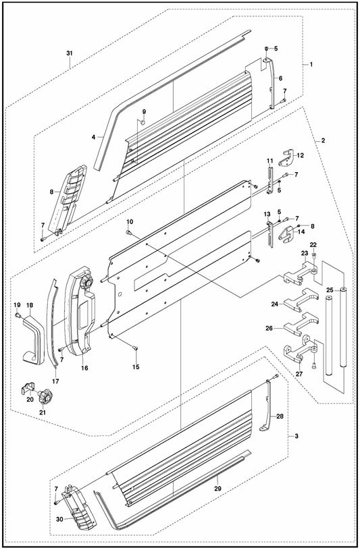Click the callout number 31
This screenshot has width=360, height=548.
(70, 53)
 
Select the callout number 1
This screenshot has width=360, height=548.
(311, 64)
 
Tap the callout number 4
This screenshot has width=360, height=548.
(93, 138)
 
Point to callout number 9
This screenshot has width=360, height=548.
(144, 111)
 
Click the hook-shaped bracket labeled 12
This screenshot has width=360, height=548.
(286, 158)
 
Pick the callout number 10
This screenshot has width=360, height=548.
(130, 221)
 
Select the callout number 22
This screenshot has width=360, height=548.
(313, 244)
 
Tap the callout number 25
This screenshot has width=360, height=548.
(330, 290)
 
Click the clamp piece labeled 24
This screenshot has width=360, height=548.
(301, 300)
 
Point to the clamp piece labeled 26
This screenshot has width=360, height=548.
(301, 325)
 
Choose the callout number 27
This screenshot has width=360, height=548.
(299, 374)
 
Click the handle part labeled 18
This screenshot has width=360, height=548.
(33, 338)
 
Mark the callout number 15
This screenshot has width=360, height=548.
(136, 367)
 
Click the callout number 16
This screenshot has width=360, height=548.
(84, 368)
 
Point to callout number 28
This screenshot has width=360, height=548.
(280, 416)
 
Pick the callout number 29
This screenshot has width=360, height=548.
(217, 488)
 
